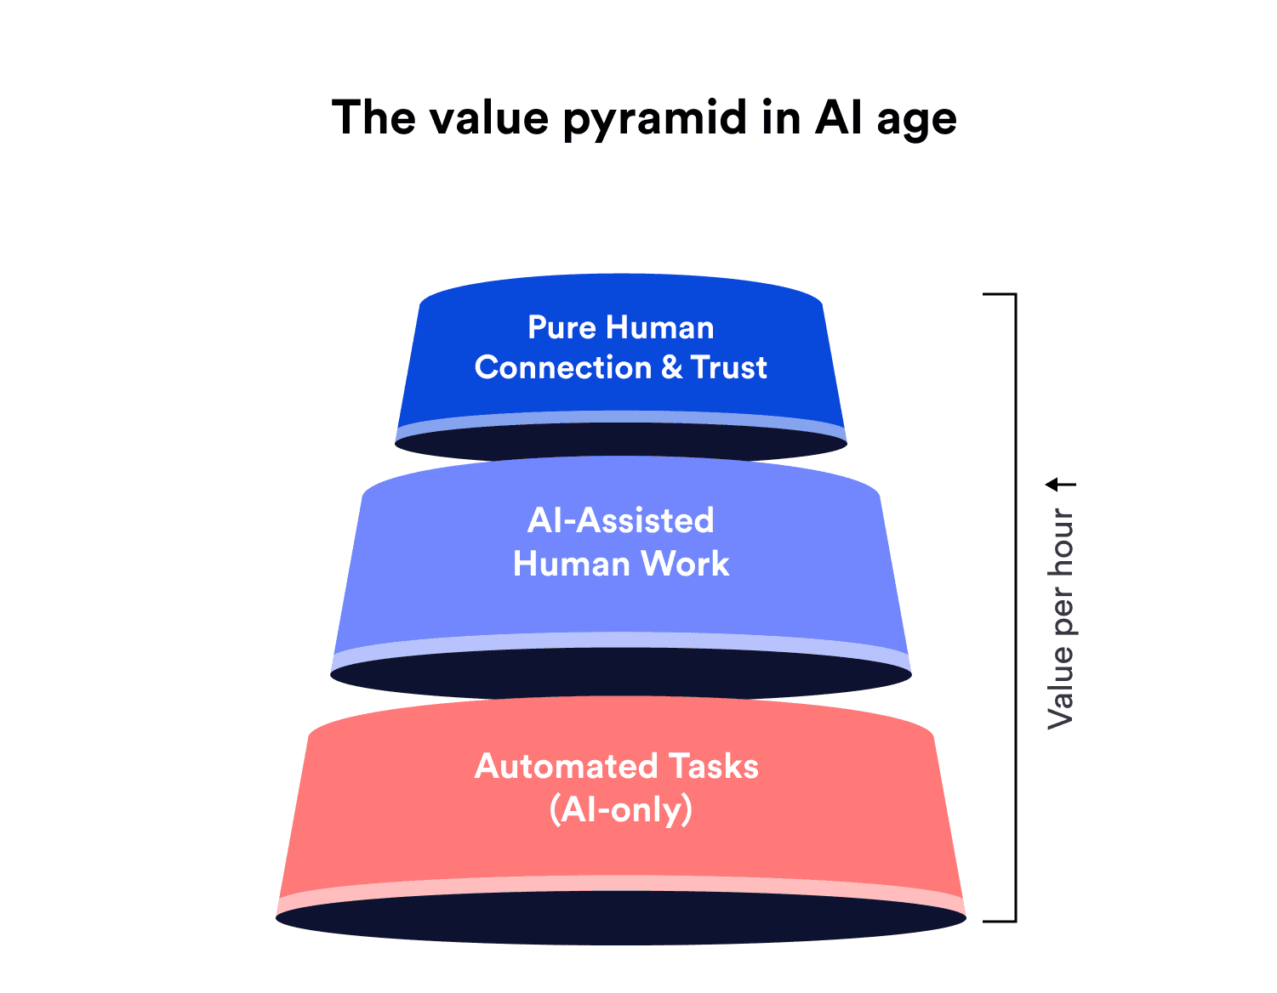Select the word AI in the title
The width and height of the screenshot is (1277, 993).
tap(839, 117)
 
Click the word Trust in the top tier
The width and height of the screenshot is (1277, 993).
tap(728, 367)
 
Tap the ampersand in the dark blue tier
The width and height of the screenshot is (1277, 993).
tap(671, 367)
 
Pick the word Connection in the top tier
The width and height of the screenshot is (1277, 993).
tap(563, 367)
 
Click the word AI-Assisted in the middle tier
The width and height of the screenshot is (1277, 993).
tap(620, 520)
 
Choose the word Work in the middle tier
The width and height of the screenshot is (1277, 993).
tap(685, 564)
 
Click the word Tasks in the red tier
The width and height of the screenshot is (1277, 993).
tap(713, 766)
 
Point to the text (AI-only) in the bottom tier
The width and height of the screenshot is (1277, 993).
tap(620, 809)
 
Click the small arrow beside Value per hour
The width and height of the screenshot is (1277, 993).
tap(1060, 485)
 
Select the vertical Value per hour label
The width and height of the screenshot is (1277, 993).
tap(1060, 618)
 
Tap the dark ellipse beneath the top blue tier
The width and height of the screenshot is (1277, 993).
tap(620, 441)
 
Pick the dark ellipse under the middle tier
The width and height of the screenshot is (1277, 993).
tap(620, 676)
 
